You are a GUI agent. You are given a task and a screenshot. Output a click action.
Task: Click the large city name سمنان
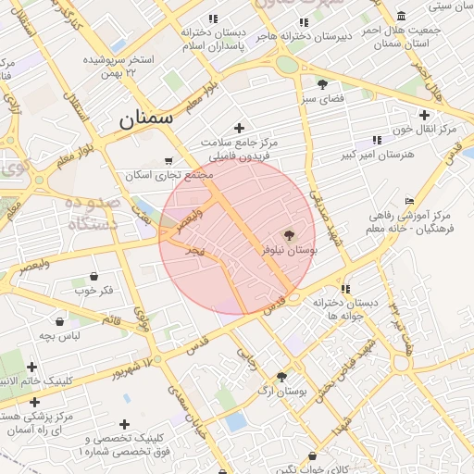coord(146,119)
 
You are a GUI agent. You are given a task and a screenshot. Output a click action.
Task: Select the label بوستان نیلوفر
coord(287,251)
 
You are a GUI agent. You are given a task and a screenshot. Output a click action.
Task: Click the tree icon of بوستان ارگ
coord(281,376)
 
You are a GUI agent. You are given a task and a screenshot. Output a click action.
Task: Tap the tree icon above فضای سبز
coord(322,83)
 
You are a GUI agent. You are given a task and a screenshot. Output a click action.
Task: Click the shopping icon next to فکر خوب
coord(94,276)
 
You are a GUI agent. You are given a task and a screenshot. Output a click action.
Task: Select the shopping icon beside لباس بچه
coord(60,321)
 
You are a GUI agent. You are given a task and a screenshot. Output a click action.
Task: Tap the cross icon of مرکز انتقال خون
coord(424,115)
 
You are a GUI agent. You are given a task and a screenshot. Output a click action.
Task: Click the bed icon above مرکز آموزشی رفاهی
coord(409,202)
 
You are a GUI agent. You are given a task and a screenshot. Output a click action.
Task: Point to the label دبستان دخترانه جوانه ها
coord(345,309)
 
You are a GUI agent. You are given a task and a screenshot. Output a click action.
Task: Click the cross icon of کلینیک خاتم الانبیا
coord(32,368)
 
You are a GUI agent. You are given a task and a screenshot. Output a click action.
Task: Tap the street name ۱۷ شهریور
coord(131,366)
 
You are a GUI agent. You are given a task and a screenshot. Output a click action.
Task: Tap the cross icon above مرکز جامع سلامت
coord(240,128)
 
